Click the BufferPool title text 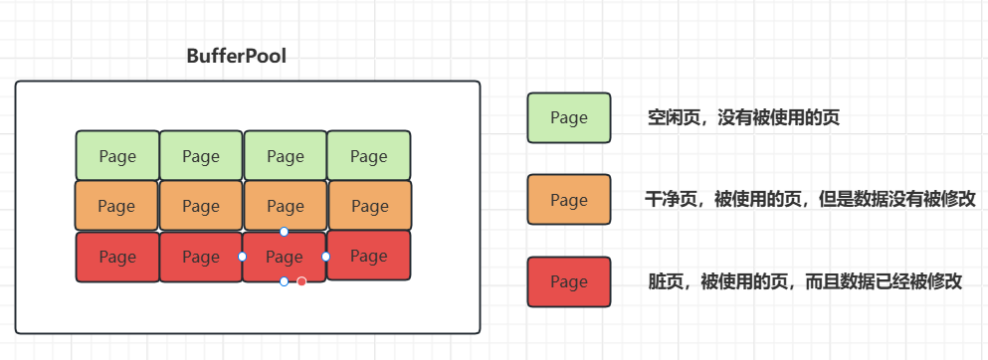236,57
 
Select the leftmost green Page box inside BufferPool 117,156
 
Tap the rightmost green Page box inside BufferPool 368,156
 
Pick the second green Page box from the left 201,156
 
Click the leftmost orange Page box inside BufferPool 116,206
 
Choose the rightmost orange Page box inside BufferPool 369,206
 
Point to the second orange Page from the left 201,206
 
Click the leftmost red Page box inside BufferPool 117,257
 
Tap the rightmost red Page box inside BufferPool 368,256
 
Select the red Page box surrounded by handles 285,257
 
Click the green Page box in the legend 569,117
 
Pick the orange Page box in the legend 569,200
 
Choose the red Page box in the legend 569,281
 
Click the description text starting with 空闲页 742,118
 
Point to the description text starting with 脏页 804,281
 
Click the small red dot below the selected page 301,281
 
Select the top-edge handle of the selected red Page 284,232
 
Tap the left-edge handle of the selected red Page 243,257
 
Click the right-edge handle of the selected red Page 326,257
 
